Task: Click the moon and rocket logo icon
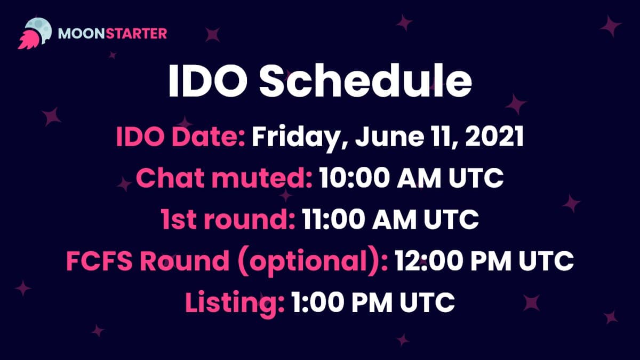tap(35, 34)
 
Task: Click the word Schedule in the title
tap(365, 81)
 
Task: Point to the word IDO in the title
tap(208, 82)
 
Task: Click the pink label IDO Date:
tap(181, 137)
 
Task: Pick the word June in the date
tap(390, 137)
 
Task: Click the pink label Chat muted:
tap(224, 178)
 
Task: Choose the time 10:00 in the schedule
tap(355, 178)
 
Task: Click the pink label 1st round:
tap(228, 219)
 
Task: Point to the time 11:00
tap(334, 219)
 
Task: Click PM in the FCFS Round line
tap(491, 261)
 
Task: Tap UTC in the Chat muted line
tap(476, 178)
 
